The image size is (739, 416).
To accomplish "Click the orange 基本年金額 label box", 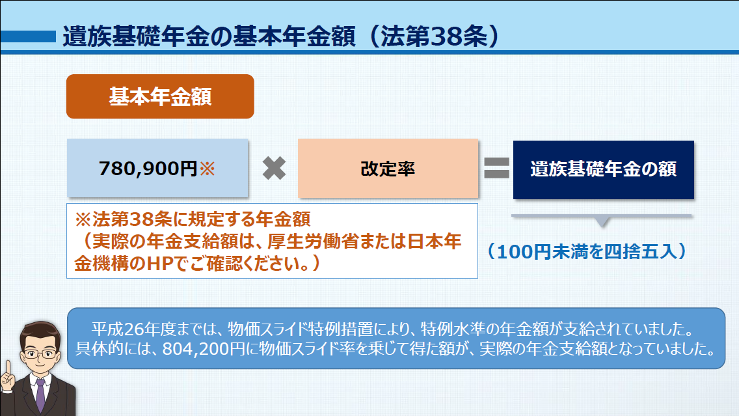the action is pos(160,96).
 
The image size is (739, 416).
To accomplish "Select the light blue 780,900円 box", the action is pos(157,168).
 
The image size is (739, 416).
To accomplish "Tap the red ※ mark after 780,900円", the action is pos(208,169).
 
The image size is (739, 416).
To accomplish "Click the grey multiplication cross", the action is pos(274,169).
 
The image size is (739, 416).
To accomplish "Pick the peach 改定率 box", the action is pos(388,169).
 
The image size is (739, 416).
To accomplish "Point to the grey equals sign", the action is pos(497,168).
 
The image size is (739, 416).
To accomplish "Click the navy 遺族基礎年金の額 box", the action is pos(603,169).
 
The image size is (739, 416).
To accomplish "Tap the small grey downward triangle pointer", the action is pos(602,222).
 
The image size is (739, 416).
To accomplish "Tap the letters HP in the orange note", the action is pos(160,264).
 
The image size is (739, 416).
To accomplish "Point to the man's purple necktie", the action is pos(40,395).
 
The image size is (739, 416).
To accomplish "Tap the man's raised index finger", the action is pos(8,368).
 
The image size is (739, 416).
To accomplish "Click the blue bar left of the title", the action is pos(28,36).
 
